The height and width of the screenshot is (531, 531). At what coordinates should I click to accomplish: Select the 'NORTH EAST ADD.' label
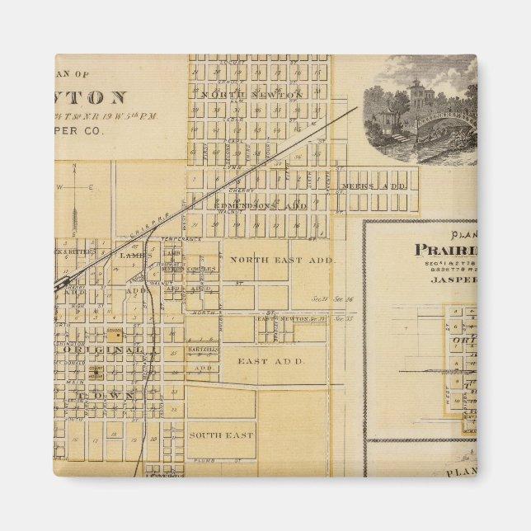click(281, 261)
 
